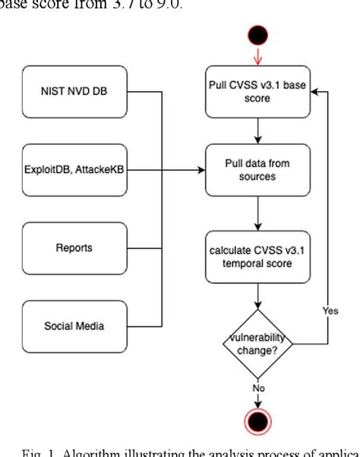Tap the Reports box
tap(73, 249)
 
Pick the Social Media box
tap(73, 326)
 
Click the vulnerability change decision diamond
tap(258, 342)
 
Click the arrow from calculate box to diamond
tap(258, 296)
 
